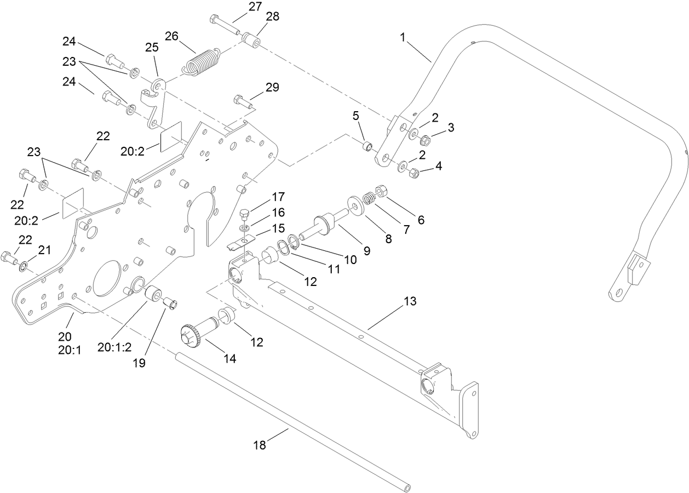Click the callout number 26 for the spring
171,36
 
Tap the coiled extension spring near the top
201,61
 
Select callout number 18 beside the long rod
259,445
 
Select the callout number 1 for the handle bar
403,38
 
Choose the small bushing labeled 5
368,146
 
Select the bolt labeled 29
241,100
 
